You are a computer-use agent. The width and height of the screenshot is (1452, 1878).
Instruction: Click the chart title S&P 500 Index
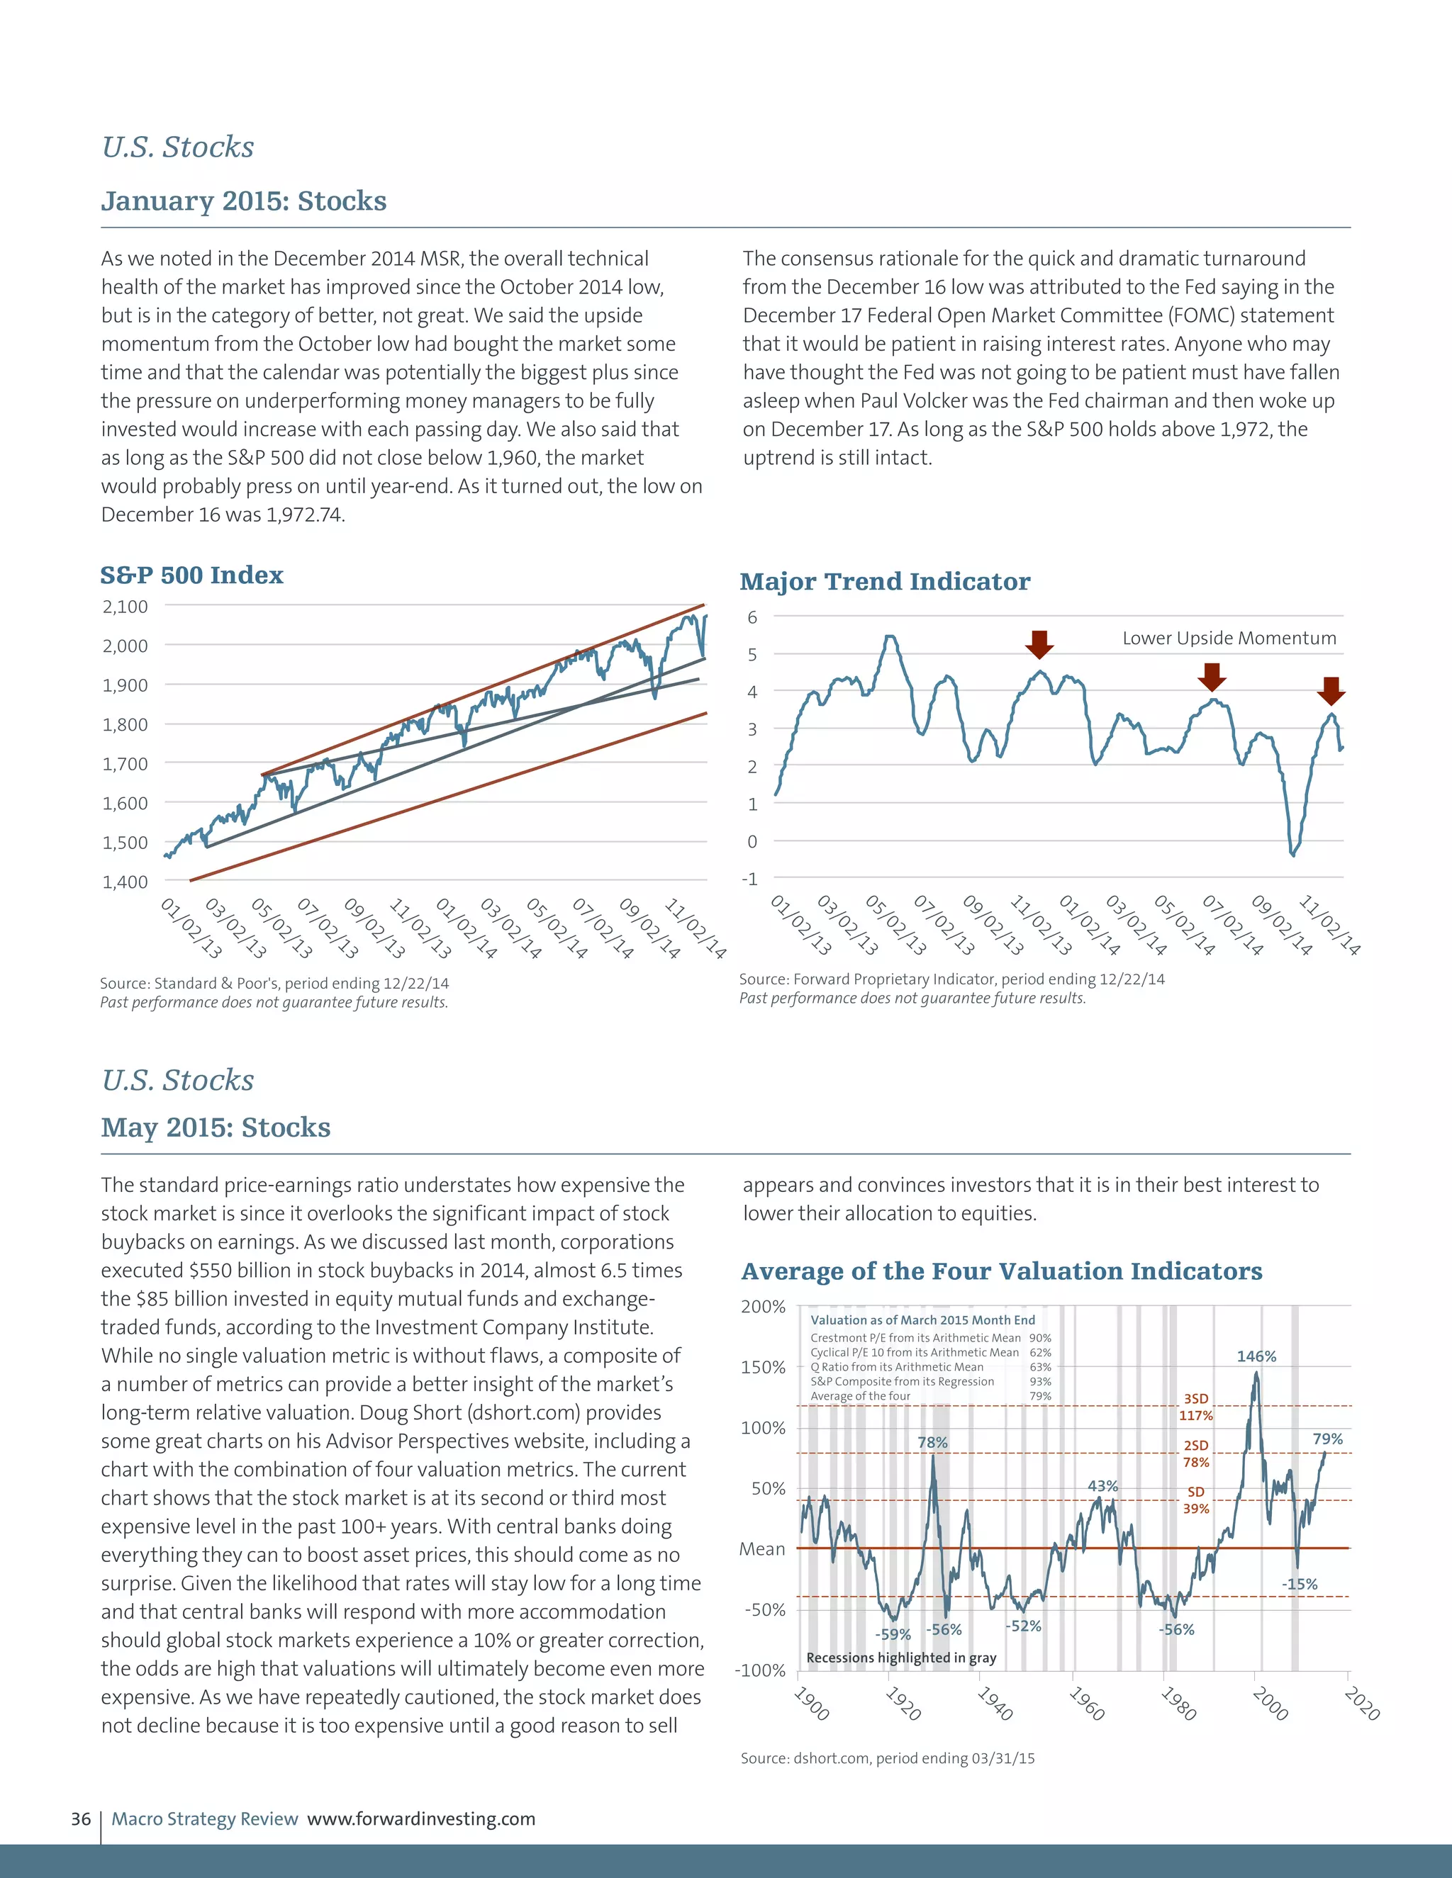(192, 575)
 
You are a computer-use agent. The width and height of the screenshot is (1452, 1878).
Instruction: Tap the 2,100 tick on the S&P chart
(125, 606)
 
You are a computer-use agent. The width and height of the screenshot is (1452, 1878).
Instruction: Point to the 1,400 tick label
(125, 882)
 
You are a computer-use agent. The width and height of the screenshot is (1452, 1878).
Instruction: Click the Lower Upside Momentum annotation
(1229, 638)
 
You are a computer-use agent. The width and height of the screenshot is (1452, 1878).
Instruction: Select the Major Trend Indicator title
(884, 582)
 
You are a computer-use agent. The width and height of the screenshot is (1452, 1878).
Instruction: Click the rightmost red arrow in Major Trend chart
(1330, 690)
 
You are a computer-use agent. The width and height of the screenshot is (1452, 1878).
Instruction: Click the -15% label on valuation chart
(1299, 1584)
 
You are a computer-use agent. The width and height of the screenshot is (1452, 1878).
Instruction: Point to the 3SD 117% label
(1195, 1407)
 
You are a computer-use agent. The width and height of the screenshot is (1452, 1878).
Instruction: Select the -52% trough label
(1023, 1626)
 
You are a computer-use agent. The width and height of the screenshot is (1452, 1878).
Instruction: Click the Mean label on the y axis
(762, 1548)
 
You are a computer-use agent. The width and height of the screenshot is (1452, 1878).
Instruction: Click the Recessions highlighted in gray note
(900, 1657)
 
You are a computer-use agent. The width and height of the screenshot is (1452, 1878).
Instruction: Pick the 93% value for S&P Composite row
(1040, 1381)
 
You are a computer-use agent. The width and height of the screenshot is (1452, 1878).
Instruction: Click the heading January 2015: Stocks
(243, 201)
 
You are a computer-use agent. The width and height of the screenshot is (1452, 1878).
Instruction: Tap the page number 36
(81, 1818)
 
